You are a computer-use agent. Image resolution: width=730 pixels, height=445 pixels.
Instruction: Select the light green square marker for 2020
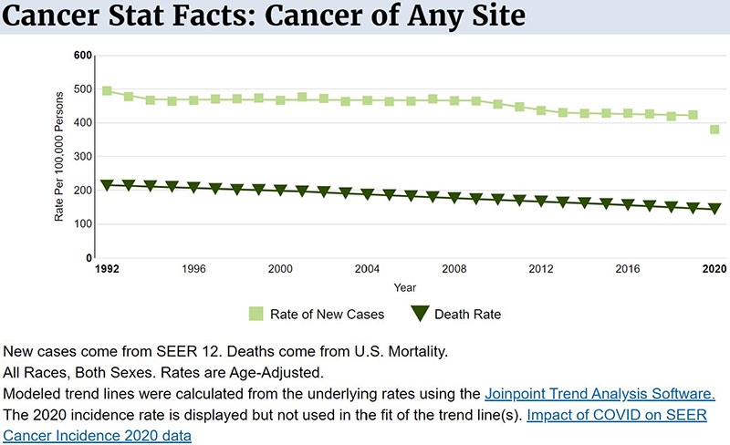click(x=715, y=129)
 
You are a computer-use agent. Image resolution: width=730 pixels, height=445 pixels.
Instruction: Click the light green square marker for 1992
click(x=107, y=91)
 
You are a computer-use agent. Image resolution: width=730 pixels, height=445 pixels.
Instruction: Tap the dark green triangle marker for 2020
click(x=715, y=209)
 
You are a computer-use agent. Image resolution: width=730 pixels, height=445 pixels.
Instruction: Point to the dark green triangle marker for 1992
click(x=107, y=185)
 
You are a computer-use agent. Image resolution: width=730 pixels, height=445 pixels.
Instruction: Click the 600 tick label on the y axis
click(x=83, y=56)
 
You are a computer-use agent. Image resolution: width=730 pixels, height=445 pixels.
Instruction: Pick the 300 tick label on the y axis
click(x=83, y=157)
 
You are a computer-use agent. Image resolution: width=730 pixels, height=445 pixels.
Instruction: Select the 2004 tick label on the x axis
click(x=367, y=270)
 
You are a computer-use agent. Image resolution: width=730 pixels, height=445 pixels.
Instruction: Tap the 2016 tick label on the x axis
click(x=628, y=270)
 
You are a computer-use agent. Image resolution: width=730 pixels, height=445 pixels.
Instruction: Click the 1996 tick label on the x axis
click(x=193, y=270)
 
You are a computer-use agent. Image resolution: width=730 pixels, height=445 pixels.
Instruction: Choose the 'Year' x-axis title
click(x=405, y=287)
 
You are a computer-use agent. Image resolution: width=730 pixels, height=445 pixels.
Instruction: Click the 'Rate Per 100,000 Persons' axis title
click(x=60, y=157)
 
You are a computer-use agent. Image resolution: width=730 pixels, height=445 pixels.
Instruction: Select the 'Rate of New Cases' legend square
click(x=256, y=315)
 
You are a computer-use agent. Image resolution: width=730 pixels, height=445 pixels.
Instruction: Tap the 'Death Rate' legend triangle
click(x=421, y=315)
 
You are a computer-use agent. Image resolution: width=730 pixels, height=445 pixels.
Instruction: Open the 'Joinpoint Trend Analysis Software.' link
click(x=600, y=394)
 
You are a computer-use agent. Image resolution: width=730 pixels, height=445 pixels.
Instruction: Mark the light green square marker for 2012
click(x=541, y=110)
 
